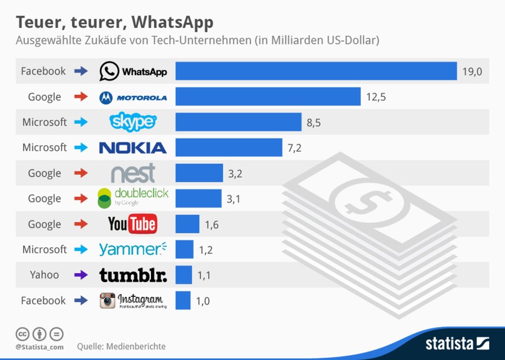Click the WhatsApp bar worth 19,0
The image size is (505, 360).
click(x=316, y=71)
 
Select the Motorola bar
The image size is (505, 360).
click(x=268, y=97)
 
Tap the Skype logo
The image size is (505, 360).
click(x=133, y=122)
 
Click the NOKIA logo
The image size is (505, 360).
click(x=132, y=148)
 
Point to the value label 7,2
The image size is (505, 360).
click(x=294, y=148)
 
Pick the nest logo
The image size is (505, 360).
click(x=133, y=172)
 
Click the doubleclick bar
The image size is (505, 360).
click(x=198, y=199)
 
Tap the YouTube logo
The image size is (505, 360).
click(x=132, y=224)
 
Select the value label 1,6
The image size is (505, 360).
click(x=211, y=224)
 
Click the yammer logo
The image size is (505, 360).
click(x=132, y=249)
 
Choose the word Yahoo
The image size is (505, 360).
click(x=45, y=275)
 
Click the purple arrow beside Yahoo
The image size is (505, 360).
click(x=81, y=275)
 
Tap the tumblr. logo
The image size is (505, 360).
click(x=132, y=275)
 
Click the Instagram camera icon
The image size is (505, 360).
click(x=107, y=300)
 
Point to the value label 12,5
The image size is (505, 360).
click(x=375, y=97)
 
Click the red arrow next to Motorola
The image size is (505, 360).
click(x=81, y=97)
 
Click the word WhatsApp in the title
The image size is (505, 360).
click(x=172, y=22)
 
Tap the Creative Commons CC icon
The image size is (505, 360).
click(x=23, y=334)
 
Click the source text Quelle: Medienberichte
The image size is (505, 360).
click(x=121, y=346)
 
